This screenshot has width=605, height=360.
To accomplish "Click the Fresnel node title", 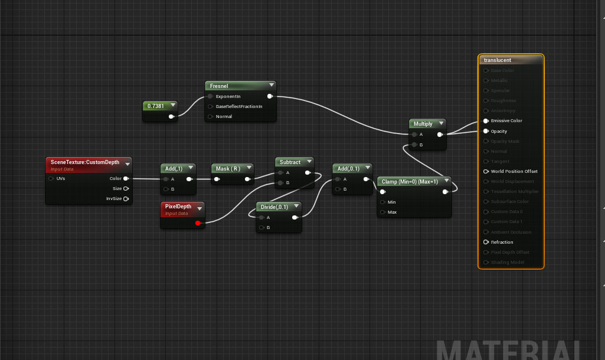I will click(220, 86).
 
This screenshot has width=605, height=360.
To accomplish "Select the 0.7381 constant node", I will click(156, 106).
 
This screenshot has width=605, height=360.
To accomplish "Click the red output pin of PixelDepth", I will click(198, 222).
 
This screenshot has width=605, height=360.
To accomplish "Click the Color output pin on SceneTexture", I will click(126, 178).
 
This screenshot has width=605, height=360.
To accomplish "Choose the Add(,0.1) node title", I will click(348, 169).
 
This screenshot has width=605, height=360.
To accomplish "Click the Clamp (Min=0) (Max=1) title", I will click(410, 181).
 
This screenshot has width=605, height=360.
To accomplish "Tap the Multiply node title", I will click(423, 124).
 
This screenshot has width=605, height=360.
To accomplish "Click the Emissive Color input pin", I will click(486, 121).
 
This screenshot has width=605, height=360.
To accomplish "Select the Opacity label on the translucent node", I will click(499, 132).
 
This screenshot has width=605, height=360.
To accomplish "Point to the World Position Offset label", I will click(514, 172).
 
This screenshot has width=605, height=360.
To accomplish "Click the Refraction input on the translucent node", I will click(486, 242).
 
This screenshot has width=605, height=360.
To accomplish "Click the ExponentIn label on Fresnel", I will click(228, 96).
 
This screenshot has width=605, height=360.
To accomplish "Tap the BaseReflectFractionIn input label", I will click(238, 106).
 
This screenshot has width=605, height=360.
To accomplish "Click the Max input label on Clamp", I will click(392, 212).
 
